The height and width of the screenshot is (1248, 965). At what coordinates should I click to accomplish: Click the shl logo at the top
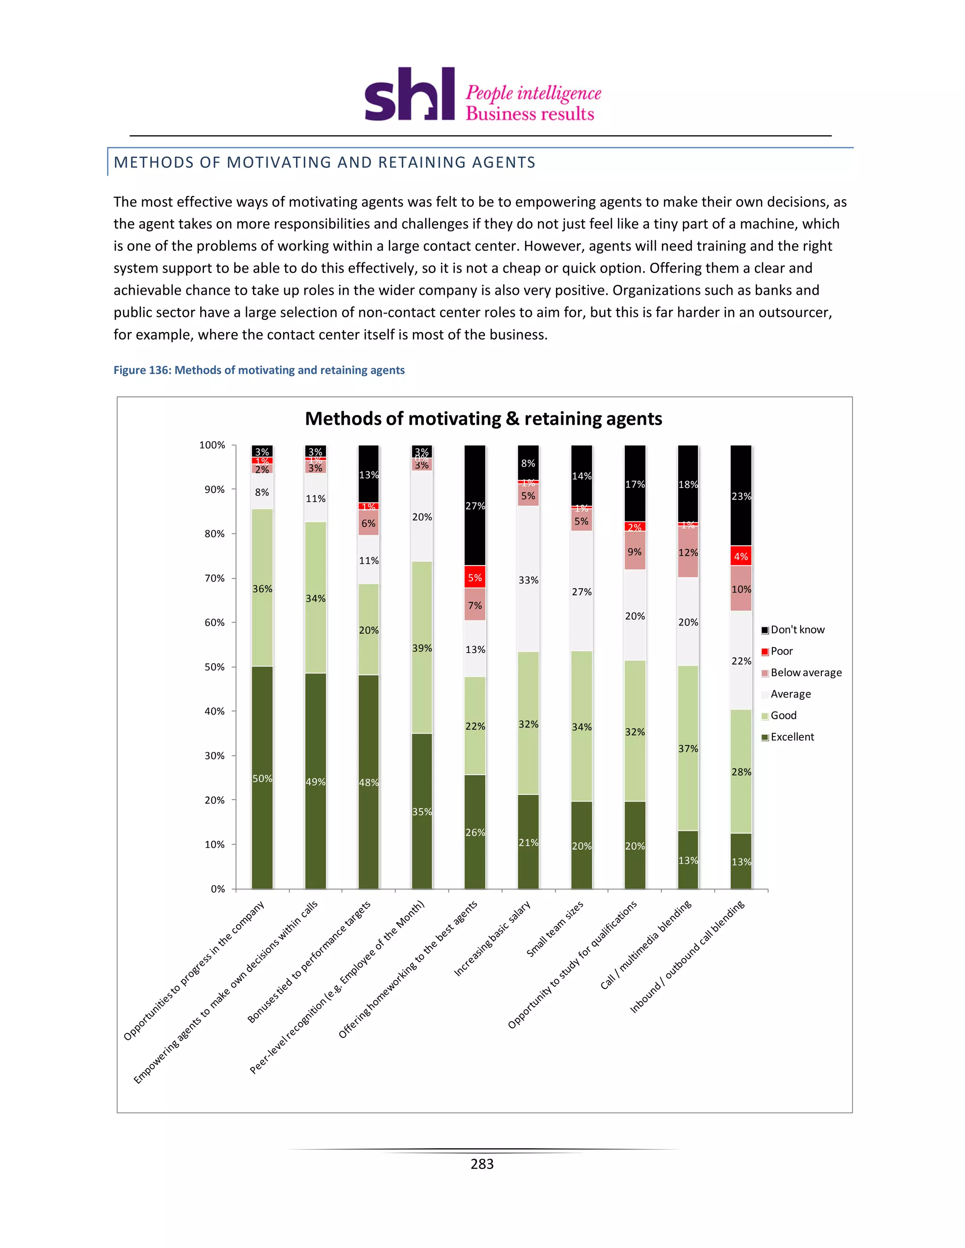click(409, 94)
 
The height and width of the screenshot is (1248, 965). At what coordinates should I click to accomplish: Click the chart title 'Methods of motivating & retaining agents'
click(483, 418)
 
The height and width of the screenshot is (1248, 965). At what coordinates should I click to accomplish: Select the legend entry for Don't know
click(797, 630)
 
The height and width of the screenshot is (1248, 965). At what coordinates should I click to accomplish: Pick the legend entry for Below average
click(805, 673)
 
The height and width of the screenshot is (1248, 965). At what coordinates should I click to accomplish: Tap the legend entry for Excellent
click(792, 737)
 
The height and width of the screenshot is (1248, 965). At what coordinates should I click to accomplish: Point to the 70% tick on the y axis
click(214, 578)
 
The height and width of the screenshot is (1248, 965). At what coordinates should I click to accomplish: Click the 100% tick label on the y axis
click(212, 445)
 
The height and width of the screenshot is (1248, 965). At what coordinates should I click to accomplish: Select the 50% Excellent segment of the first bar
click(262, 777)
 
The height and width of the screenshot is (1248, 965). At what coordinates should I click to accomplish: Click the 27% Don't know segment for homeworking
click(475, 505)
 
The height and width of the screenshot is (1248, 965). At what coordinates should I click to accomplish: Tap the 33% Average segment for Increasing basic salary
click(528, 579)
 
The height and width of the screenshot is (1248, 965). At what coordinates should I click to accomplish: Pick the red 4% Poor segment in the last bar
click(741, 556)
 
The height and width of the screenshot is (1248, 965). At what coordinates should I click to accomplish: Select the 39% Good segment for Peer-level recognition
click(422, 648)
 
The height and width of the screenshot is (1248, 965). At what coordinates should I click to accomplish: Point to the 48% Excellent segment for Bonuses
click(369, 782)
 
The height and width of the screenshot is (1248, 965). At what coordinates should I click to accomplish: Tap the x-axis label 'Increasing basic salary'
click(493, 938)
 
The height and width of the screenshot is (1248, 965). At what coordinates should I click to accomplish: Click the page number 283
click(482, 1164)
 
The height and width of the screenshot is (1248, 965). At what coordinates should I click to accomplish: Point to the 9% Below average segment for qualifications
click(635, 551)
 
